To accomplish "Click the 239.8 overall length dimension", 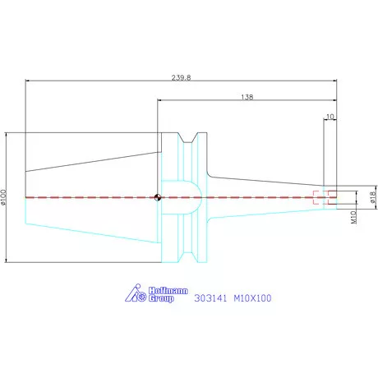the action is click(x=181, y=77).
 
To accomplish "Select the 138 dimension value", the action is click(x=247, y=97).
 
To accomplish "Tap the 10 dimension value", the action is click(x=330, y=117).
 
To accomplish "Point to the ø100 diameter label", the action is click(x=3, y=197).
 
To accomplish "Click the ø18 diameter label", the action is click(x=373, y=197).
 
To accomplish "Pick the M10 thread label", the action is click(x=354, y=217).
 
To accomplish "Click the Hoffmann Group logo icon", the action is click(x=136, y=293).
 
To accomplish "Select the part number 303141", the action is click(x=210, y=298).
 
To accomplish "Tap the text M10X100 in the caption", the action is click(x=252, y=298).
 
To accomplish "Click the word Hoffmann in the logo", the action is click(x=168, y=291).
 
